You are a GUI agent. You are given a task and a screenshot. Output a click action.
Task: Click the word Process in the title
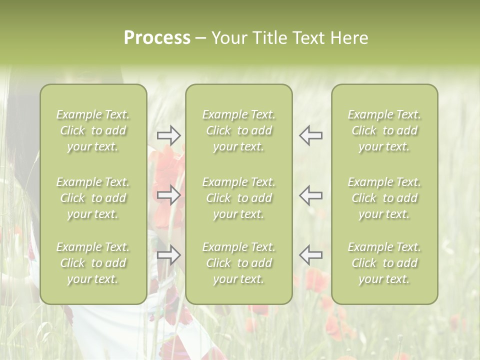[157, 38]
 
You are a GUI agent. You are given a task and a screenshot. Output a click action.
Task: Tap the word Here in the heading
[349, 38]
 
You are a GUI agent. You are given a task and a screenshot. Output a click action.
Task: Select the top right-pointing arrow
[168, 135]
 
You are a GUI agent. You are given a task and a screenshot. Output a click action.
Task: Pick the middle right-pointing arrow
[168, 195]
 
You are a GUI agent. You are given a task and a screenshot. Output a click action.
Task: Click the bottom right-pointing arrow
[168, 255]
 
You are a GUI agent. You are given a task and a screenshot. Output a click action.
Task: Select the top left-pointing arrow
[311, 135]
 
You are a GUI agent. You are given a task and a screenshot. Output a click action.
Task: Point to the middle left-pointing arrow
[311, 195]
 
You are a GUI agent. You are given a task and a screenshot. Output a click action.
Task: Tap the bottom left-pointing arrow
[311, 255]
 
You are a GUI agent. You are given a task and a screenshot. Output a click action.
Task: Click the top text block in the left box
[93, 130]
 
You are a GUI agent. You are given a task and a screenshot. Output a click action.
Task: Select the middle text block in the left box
[93, 198]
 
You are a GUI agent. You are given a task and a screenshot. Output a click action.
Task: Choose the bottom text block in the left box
[93, 263]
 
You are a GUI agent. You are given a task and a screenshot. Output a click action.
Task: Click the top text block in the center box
[239, 130]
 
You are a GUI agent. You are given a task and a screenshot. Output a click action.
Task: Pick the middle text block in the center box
[239, 198]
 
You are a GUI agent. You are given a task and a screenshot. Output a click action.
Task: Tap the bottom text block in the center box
[239, 263]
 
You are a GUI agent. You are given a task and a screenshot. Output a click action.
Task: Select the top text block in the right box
[384, 130]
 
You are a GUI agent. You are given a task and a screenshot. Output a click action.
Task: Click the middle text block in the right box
[384, 198]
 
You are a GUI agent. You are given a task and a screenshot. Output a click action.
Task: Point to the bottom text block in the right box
[384, 263]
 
